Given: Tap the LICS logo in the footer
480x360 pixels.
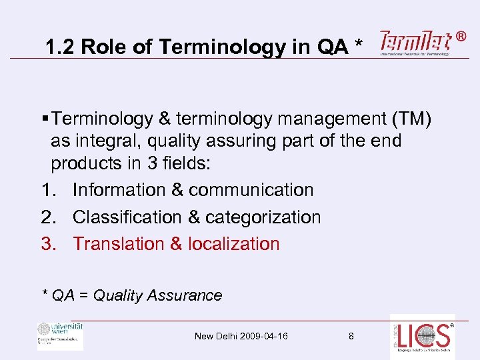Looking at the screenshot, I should [423, 337].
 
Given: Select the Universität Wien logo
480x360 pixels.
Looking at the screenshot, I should [60, 335].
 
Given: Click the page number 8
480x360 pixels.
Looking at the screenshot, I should [351, 336].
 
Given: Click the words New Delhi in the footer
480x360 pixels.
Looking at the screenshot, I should [211, 336].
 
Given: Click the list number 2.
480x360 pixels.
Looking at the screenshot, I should [46, 217].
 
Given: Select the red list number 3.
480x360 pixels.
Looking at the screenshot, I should [46, 244].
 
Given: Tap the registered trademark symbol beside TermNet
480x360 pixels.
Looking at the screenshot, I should [461, 37].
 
